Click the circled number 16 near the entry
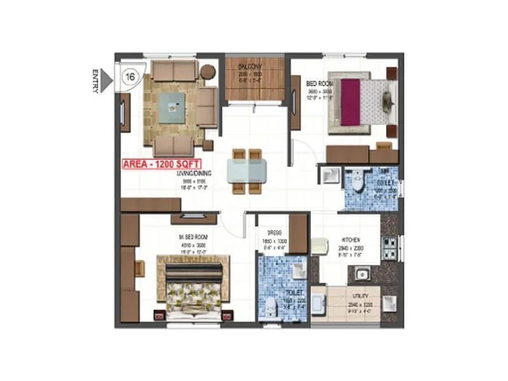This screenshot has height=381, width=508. [131, 76]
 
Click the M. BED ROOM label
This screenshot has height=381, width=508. [192, 237]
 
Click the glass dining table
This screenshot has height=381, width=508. [246, 170]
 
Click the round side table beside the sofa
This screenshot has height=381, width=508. [208, 71]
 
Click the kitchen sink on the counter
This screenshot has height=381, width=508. [364, 275]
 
